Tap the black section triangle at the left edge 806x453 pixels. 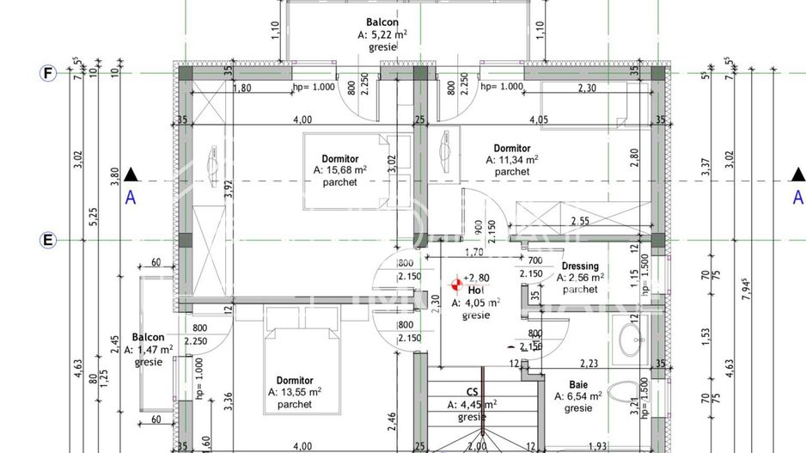point(130,175)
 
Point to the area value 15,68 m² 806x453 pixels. point(340,170)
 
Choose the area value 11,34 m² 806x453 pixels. point(512,159)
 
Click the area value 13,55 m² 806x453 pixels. point(295,392)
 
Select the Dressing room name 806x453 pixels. point(580,266)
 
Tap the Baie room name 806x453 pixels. point(578,385)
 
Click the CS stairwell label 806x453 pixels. point(473,392)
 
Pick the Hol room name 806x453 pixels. point(476,291)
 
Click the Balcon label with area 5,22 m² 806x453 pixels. point(382,22)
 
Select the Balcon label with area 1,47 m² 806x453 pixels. point(148,338)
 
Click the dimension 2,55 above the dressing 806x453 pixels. point(580,221)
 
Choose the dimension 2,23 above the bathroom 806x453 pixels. point(589,364)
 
